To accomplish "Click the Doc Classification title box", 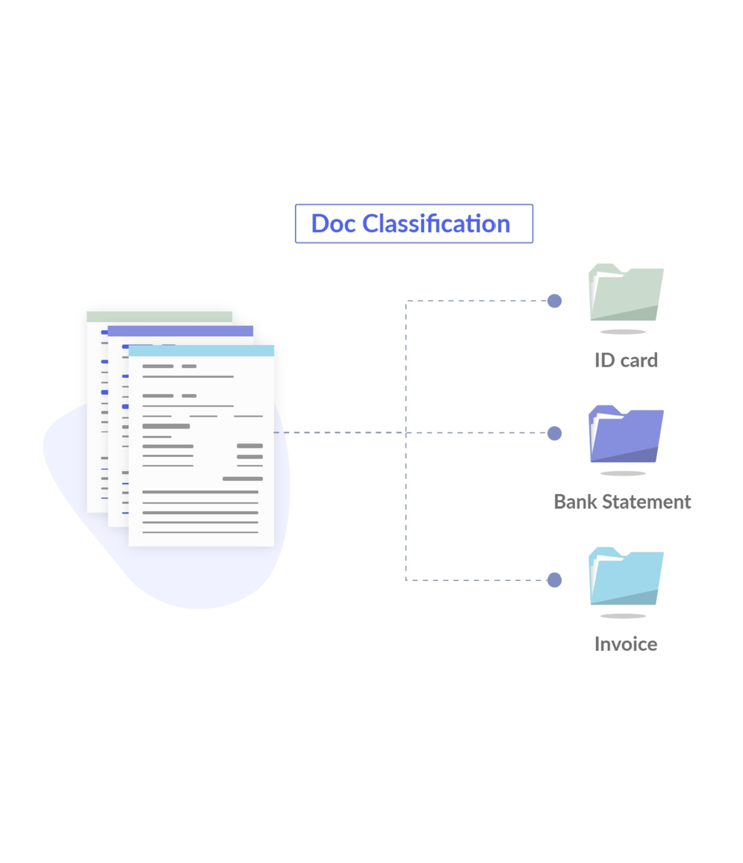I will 414,223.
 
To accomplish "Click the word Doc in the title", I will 333,223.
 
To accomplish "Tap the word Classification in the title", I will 436,223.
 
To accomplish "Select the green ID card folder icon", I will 626,293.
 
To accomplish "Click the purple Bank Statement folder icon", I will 626,434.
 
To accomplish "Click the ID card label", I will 626,360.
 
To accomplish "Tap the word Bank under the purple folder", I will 577,502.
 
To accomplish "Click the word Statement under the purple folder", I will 648,502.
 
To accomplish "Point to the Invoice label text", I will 626,644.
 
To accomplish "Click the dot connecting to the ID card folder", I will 554,301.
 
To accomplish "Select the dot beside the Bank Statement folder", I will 554,433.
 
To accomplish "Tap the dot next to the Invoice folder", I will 554,580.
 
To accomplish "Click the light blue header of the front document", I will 201,351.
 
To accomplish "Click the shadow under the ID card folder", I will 623,331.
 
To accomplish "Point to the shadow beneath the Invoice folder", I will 623,616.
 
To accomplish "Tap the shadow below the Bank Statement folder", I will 623,473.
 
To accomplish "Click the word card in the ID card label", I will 638,360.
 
